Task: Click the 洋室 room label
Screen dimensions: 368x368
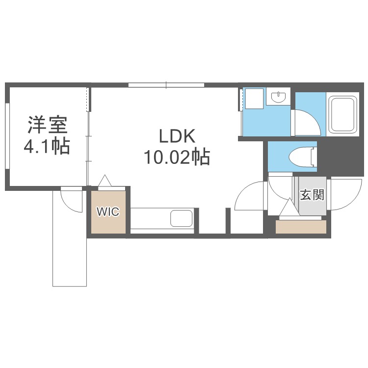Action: point(47,125)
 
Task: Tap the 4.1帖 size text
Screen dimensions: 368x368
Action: point(47,146)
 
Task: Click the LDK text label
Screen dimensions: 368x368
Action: point(170,136)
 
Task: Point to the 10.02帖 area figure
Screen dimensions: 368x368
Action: point(177,158)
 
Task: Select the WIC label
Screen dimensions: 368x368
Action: point(107,212)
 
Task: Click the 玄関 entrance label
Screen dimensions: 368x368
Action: point(312,195)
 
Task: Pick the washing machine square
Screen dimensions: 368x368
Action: point(254,98)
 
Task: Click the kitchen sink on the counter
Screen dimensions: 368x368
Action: point(181,218)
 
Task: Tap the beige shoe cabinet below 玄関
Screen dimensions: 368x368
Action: point(301,226)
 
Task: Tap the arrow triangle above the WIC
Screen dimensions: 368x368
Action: point(105,181)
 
